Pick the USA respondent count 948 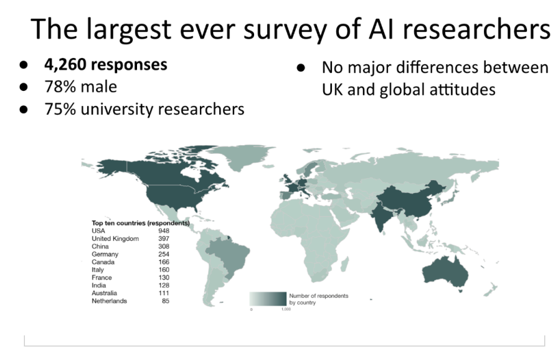[164, 230]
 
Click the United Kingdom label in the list [115, 239]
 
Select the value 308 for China [164, 246]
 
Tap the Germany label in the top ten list [105, 254]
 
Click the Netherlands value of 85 [165, 301]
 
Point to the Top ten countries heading [140, 222]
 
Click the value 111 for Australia [164, 293]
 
